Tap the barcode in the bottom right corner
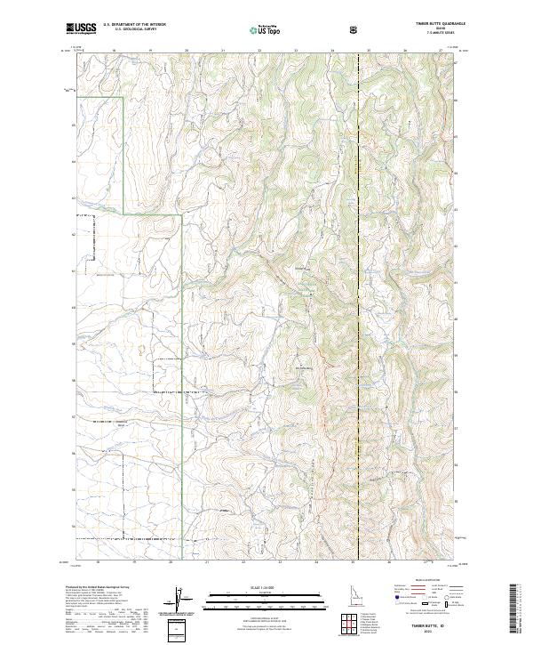[513, 609]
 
